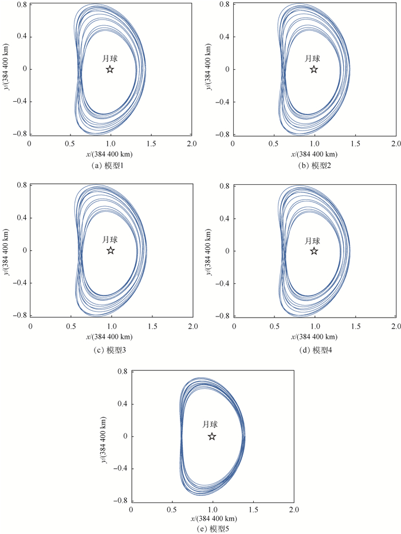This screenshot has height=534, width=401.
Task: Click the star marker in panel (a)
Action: pos(110,70)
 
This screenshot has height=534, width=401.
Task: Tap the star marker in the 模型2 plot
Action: pos(313,70)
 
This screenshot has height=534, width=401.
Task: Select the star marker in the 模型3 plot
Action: pos(111,251)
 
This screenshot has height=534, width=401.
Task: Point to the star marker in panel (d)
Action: pos(314,251)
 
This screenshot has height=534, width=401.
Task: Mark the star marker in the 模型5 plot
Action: pos(212,436)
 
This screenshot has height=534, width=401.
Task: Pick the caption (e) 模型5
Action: pos(213,529)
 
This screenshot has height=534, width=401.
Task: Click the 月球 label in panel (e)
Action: pos(210,425)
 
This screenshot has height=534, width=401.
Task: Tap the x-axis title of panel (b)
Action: pos(314,155)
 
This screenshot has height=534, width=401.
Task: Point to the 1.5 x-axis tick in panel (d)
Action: pos(355,325)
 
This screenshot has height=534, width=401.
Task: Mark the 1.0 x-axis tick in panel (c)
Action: pos(111,325)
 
